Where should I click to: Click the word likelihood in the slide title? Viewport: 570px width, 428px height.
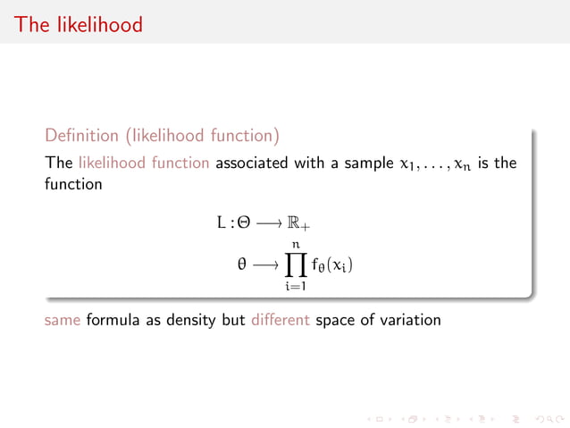98,24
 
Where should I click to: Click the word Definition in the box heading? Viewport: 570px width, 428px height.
81,136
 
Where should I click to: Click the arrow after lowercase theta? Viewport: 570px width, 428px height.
264,265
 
